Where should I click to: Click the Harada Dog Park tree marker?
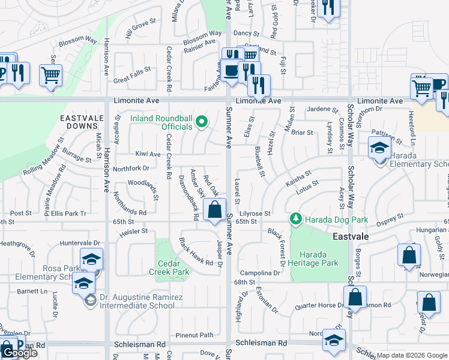[295, 219]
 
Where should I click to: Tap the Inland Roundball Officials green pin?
[202, 122]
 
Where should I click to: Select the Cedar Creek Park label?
[173, 268]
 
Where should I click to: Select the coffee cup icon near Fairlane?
[231, 71]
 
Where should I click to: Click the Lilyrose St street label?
[256, 213]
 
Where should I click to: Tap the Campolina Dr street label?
[260, 272]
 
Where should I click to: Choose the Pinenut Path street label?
[194, 335]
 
